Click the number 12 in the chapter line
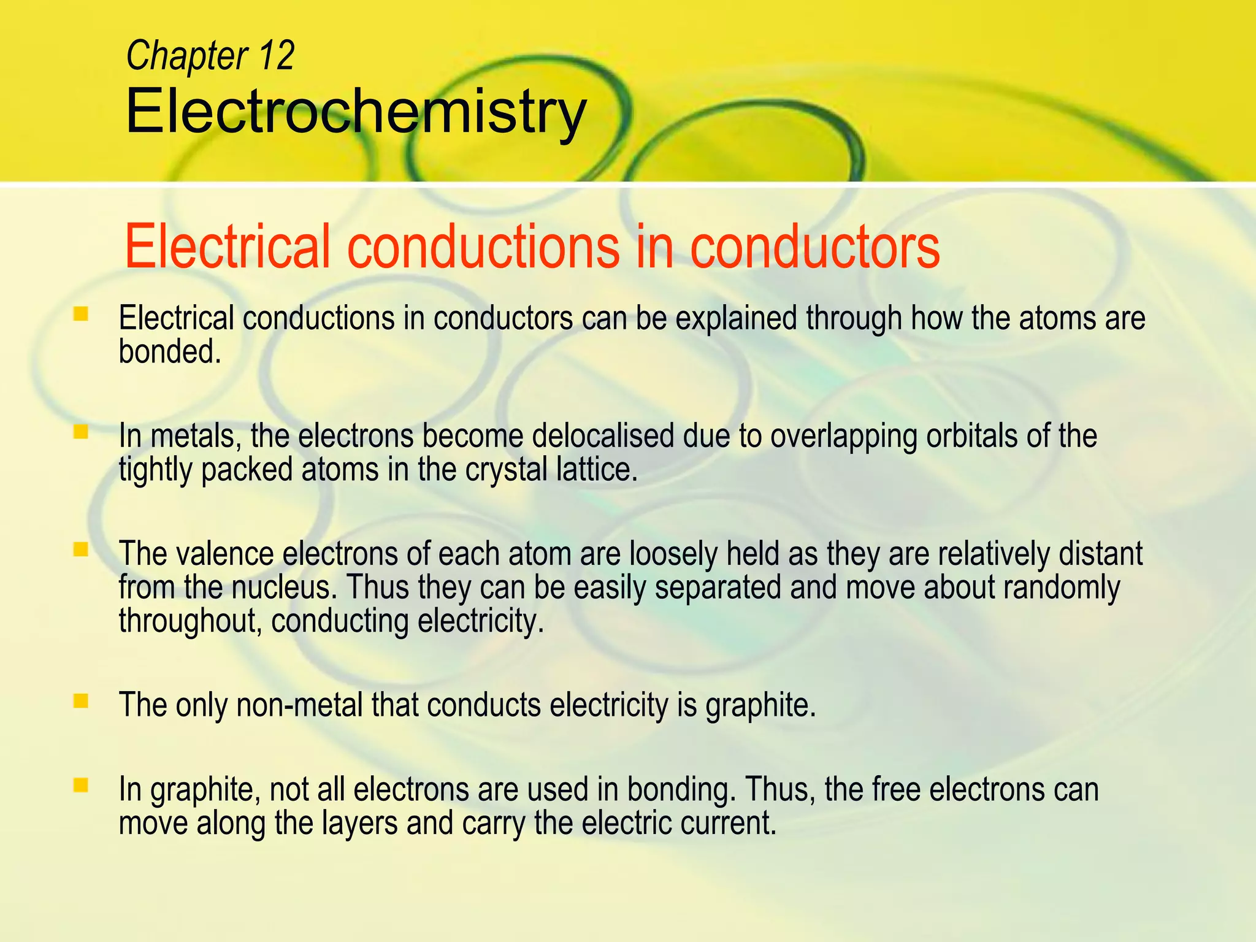pos(276,56)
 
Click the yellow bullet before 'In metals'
pos(80,432)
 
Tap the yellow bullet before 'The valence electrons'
pos(80,549)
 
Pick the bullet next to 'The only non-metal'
pos(80,700)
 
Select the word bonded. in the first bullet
pos(169,352)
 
